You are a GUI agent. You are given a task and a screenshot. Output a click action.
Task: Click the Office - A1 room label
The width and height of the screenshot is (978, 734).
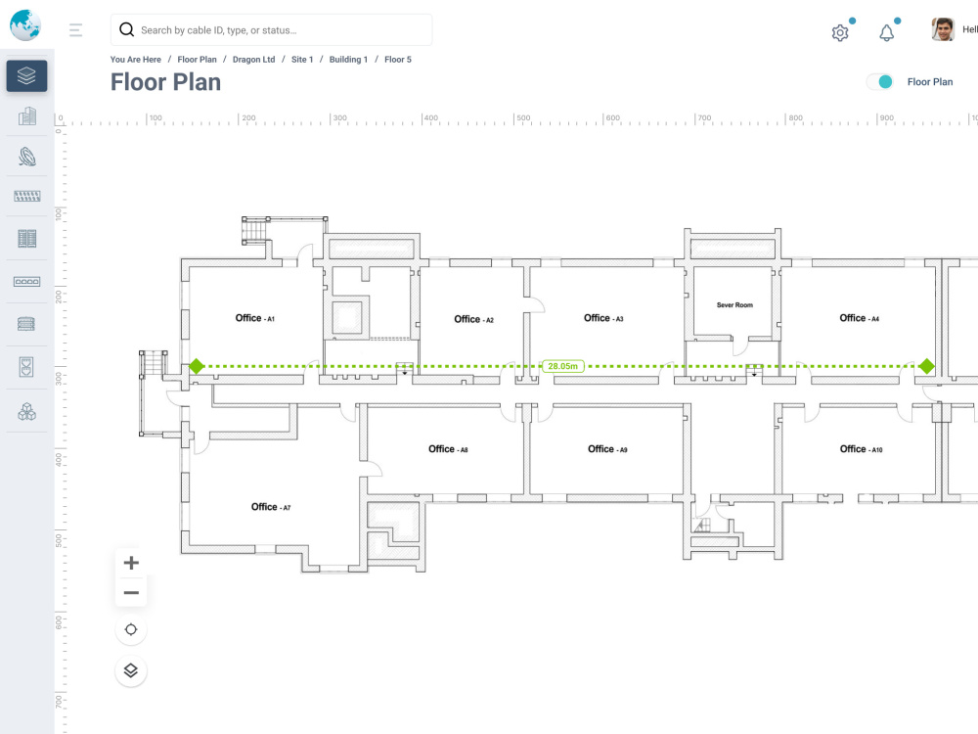pyautogui.click(x=254, y=318)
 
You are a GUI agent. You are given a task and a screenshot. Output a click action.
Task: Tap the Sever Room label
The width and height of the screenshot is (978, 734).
pyautogui.click(x=734, y=305)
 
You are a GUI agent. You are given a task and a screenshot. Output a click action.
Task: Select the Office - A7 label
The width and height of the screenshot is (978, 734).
pyautogui.click(x=271, y=507)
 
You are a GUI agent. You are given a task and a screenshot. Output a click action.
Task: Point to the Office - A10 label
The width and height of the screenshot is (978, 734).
pyautogui.click(x=861, y=449)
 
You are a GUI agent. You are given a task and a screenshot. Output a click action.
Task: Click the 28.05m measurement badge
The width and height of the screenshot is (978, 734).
pyautogui.click(x=562, y=366)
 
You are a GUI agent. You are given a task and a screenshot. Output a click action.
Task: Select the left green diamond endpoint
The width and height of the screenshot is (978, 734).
pyautogui.click(x=197, y=366)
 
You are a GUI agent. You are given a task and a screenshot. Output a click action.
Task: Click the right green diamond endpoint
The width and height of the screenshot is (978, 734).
pyautogui.click(x=927, y=366)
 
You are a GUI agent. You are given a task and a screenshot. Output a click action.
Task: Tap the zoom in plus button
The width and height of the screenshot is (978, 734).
pyautogui.click(x=131, y=563)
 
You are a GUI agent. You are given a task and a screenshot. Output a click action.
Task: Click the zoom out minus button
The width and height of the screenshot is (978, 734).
pyautogui.click(x=131, y=592)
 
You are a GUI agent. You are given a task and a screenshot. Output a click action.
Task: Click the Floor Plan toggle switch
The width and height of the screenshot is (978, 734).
pyautogui.click(x=880, y=82)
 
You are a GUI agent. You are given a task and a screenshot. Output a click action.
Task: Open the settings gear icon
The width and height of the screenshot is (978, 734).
pyautogui.click(x=840, y=32)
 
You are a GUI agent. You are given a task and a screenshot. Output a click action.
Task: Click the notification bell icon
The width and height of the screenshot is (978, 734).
pyautogui.click(x=886, y=32)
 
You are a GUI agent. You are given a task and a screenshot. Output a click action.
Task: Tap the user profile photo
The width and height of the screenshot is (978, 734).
pyautogui.click(x=943, y=29)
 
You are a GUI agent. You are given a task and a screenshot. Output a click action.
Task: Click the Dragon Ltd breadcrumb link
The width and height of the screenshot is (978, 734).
pyautogui.click(x=254, y=60)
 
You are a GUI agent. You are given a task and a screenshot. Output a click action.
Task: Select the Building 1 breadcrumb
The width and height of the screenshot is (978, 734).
pyautogui.click(x=349, y=60)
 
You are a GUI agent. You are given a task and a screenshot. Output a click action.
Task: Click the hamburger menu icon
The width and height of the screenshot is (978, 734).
pyautogui.click(x=75, y=30)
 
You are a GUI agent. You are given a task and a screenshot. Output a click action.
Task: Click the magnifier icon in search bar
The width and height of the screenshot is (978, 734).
pyautogui.click(x=126, y=29)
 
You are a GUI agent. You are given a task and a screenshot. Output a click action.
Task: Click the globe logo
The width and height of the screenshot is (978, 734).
pyautogui.click(x=25, y=25)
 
